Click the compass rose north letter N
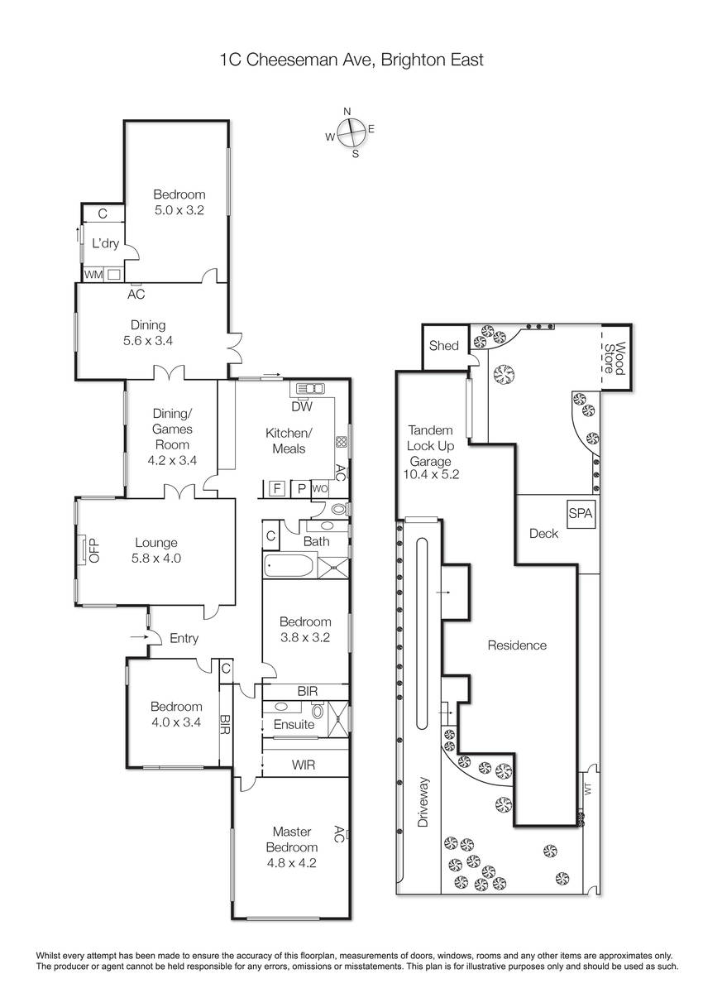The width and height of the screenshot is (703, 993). [x=347, y=111]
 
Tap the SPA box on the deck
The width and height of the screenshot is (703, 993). [x=581, y=514]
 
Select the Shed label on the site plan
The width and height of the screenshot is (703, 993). [x=443, y=345]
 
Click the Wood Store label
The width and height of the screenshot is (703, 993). [x=615, y=358]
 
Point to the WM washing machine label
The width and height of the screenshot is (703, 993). [x=93, y=275]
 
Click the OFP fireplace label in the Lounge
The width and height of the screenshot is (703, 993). [x=94, y=550]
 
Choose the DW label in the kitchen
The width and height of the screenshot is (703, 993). [x=302, y=406]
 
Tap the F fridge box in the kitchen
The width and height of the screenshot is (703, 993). [x=277, y=488]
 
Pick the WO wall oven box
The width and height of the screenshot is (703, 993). [x=320, y=488]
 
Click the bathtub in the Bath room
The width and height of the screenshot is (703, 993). [x=289, y=566]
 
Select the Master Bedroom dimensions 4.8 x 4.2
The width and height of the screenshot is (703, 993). [x=291, y=862]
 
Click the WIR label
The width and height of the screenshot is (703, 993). [x=304, y=765]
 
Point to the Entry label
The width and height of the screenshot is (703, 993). [x=184, y=638]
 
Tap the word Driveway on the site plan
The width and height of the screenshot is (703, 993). [x=423, y=802]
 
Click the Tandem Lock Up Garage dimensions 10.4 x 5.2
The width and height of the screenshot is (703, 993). [x=431, y=474]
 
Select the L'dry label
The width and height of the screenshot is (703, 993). [x=105, y=243]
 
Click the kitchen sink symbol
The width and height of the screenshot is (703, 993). [x=309, y=388]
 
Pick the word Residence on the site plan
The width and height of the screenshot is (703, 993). [x=517, y=645]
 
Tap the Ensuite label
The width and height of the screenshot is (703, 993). [x=294, y=724]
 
